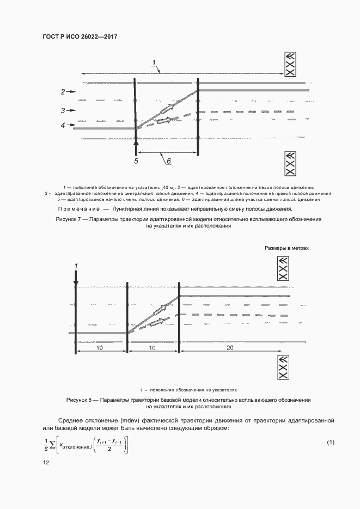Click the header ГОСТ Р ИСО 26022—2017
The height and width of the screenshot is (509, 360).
tap(80, 37)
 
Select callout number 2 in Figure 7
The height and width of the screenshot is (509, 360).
tap(63, 91)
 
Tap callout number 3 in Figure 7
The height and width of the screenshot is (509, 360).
tap(63, 110)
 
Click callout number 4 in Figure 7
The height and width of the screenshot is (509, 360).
tap(63, 125)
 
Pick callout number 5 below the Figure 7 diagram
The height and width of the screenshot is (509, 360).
tap(137, 161)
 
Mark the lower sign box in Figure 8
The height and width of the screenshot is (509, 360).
tap(283, 369)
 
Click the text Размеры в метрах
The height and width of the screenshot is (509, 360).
tap(287, 248)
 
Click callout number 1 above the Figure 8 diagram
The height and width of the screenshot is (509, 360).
tap(76, 266)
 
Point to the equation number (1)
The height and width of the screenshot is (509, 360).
tap(330, 442)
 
